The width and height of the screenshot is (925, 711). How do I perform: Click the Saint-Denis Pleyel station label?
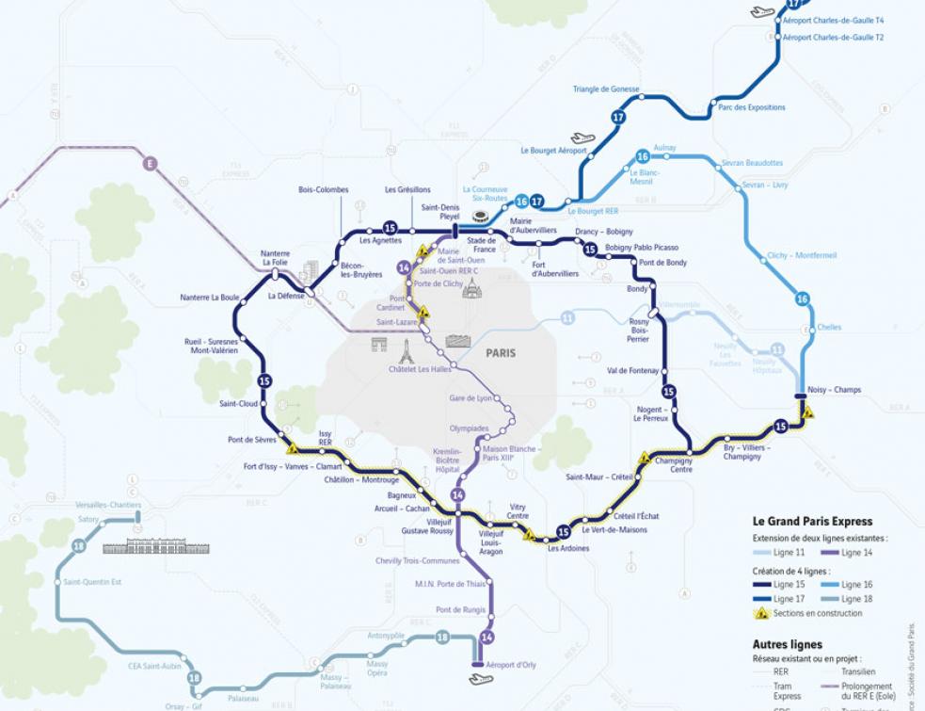(439, 211)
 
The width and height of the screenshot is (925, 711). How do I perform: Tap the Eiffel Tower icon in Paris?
(406, 351)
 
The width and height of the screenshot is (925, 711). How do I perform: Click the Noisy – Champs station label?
(834, 390)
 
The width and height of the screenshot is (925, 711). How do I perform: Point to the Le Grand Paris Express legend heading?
(812, 521)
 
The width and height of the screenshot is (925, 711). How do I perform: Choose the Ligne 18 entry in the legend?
(855, 599)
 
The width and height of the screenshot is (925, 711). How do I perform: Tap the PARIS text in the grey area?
(501, 353)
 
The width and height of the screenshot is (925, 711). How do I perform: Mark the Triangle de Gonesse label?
(605, 89)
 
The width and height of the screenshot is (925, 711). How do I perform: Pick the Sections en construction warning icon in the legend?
(762, 613)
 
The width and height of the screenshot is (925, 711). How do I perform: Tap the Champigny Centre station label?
(674, 465)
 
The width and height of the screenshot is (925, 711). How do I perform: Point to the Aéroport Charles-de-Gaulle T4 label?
(833, 20)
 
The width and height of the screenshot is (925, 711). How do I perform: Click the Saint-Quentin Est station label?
(92, 582)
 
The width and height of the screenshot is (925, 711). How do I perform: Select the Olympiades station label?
(469, 428)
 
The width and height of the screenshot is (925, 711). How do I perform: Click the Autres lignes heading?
(787, 645)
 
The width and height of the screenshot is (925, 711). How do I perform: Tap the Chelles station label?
(829, 328)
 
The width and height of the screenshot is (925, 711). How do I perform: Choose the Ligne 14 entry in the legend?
(855, 553)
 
